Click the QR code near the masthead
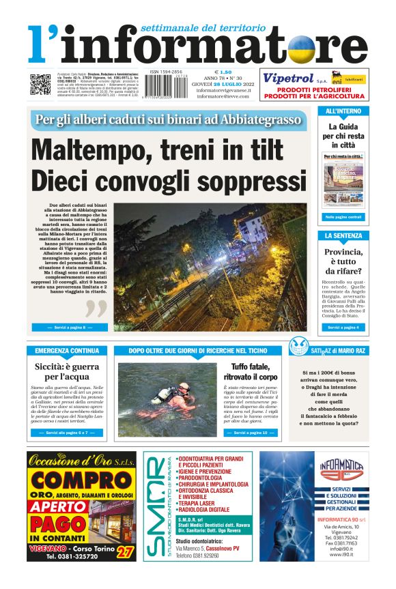click(40, 84)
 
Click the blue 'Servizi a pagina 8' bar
click(70, 328)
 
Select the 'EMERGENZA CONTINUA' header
click(66, 351)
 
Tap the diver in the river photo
click(168, 394)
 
